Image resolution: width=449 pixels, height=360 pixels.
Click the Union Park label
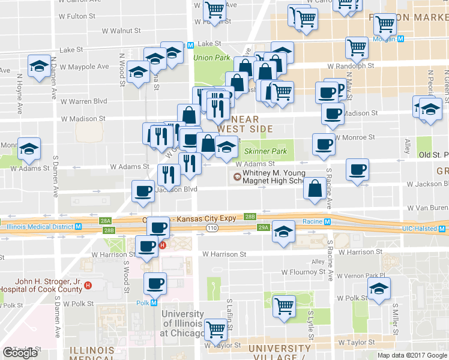pos(212,58)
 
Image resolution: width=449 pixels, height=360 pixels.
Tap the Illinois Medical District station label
pos(40,226)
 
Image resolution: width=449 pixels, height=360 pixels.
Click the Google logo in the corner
pos(20,353)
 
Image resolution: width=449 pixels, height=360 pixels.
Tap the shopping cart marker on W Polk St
pos(284,305)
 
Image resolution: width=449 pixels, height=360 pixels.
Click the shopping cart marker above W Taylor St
pos(215,328)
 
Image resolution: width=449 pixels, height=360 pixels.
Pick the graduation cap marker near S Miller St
pos(379,290)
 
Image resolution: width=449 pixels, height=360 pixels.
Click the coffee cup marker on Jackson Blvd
pos(143,191)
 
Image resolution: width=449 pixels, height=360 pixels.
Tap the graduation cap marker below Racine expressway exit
pos(282,232)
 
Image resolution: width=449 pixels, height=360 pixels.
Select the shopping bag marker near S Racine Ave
pos(315,188)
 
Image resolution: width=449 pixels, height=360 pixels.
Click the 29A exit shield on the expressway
pos(263,227)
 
